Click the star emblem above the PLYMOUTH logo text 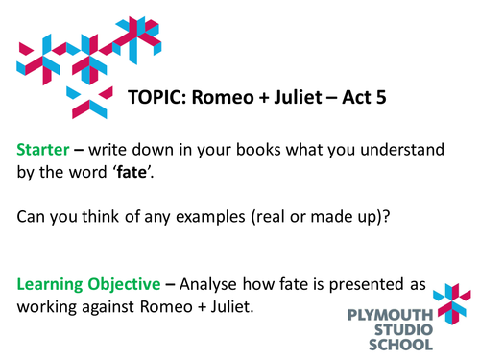pyautogui.click(x=450, y=298)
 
